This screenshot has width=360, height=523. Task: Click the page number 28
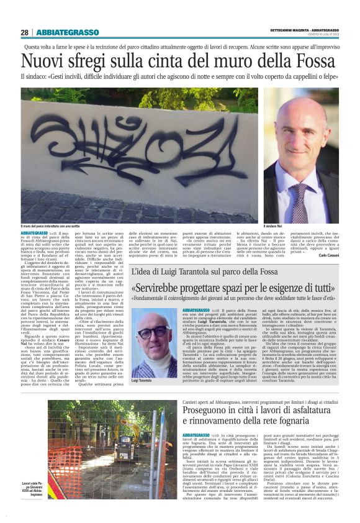coord(24,32)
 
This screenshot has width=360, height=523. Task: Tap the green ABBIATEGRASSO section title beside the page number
coord(68,32)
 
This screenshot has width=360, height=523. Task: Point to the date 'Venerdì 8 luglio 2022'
coord(323,35)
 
